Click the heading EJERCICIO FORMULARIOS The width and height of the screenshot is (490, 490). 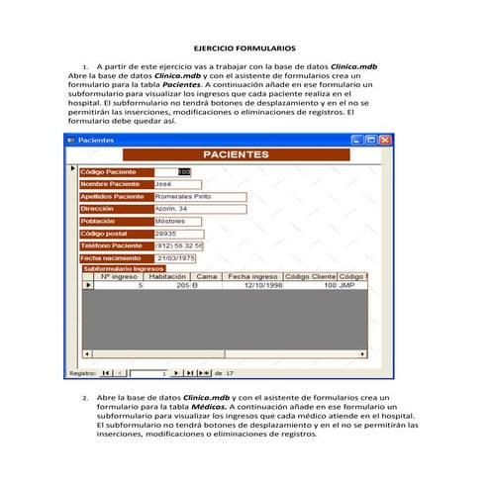245,48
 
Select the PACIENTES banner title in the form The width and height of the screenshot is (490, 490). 235,155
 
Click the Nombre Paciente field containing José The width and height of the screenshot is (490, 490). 178,184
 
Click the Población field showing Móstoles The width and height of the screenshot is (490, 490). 178,221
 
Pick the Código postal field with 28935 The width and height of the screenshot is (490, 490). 178,233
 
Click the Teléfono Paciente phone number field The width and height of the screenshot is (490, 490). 179,245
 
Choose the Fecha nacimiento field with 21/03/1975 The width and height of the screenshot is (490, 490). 178,257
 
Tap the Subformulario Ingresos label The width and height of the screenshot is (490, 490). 123,268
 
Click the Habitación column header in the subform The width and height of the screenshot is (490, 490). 167,276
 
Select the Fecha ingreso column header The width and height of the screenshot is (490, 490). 252,276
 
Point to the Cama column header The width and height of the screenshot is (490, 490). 208,276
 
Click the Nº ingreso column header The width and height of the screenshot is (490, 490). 120,276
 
